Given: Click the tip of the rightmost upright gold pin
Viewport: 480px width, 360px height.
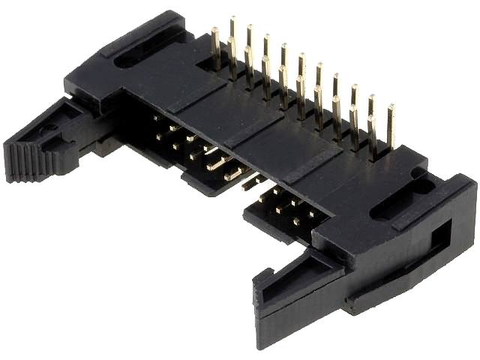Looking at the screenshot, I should (390, 109).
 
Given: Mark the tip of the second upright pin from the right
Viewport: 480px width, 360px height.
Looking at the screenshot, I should (372, 99).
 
